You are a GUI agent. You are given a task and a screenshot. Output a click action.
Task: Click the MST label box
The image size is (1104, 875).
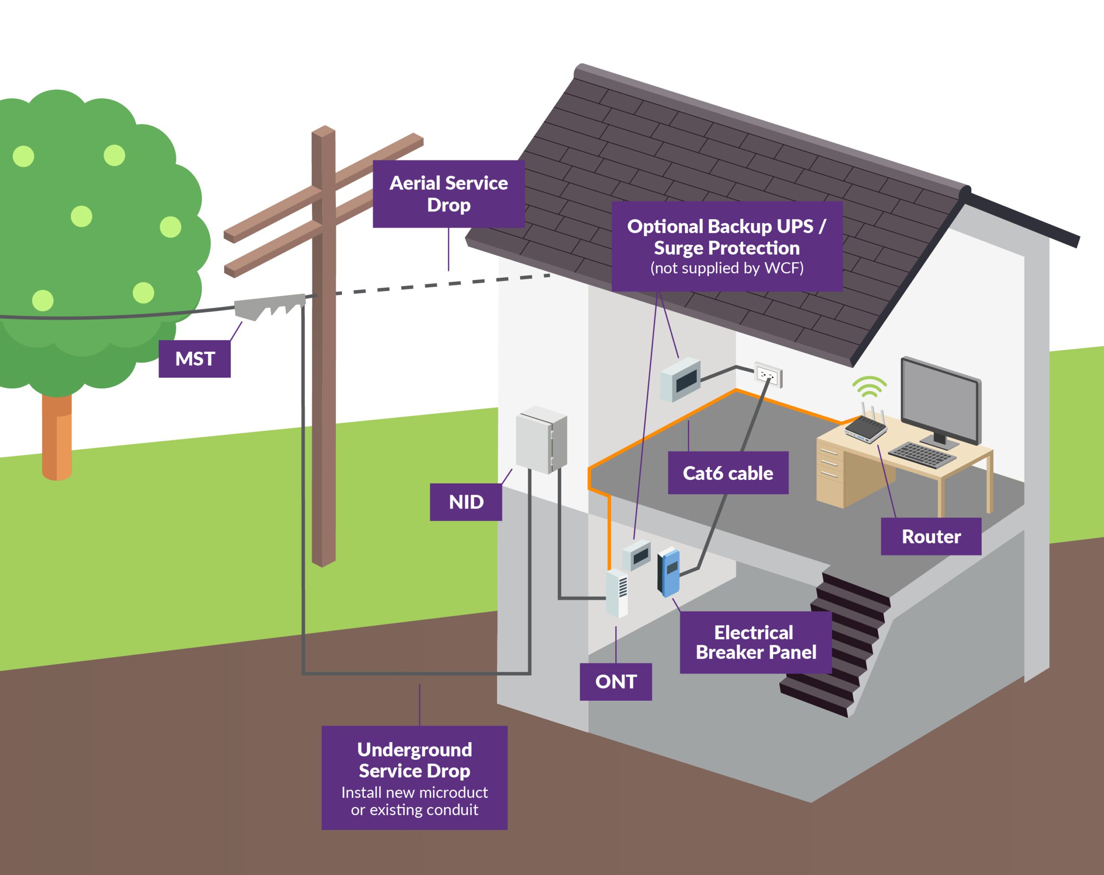(194, 358)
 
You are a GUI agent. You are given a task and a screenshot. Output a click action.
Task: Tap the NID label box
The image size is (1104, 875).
(466, 502)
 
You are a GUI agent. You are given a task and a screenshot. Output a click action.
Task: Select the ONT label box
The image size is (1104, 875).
(615, 681)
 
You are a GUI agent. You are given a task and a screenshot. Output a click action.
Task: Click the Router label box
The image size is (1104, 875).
(931, 536)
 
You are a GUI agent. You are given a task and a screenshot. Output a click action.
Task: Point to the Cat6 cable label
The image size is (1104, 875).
(728, 473)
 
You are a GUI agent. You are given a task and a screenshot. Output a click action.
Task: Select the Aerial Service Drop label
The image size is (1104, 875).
(448, 194)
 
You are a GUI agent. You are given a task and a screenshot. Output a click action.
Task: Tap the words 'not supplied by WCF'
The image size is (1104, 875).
(727, 268)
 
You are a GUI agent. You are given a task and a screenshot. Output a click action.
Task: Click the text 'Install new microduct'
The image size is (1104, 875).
(414, 792)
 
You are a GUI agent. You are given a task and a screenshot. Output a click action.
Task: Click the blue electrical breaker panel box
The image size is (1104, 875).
(669, 572)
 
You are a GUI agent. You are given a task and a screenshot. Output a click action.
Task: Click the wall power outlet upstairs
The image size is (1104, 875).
(768, 375)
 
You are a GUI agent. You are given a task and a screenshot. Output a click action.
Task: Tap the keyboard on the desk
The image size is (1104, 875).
(922, 455)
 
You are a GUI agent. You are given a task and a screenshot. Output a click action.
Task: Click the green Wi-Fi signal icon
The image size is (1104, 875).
(869, 386)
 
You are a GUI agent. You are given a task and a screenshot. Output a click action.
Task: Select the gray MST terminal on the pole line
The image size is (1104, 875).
(269, 306)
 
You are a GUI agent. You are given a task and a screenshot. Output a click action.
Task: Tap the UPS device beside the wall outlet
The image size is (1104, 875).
(680, 380)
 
